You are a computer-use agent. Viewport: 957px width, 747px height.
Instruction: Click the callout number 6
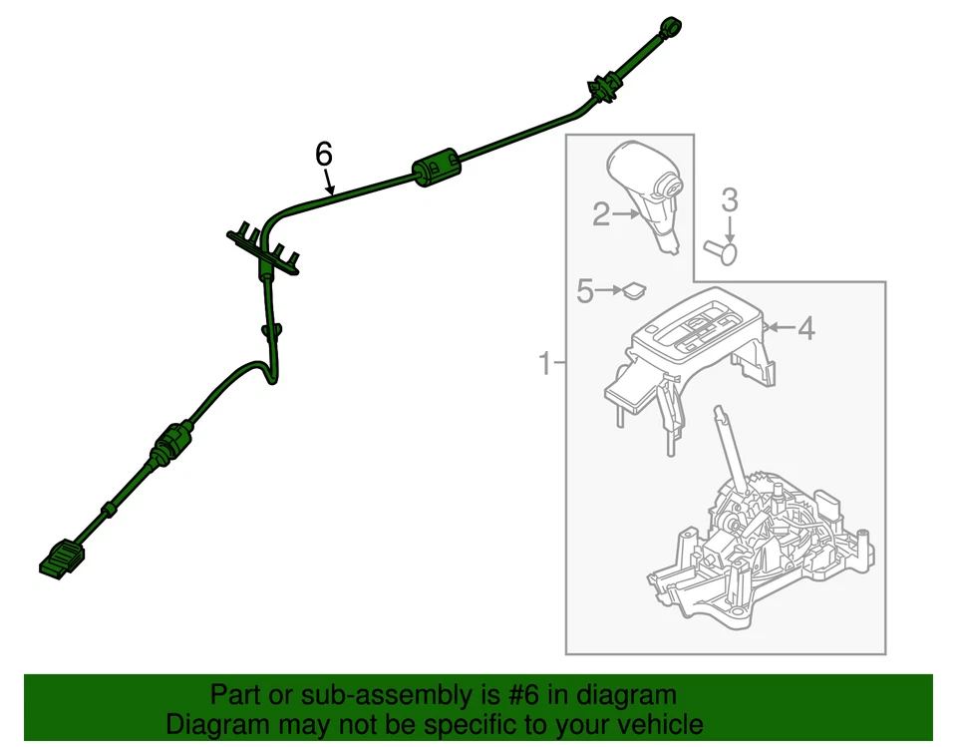[x=323, y=154]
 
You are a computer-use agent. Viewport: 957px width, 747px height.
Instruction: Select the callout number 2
[x=600, y=213]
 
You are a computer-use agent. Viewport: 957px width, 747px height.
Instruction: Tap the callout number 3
[x=730, y=200]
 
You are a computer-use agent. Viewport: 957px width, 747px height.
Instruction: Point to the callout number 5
[x=585, y=291]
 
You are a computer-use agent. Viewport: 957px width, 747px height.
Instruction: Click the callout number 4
[x=805, y=327]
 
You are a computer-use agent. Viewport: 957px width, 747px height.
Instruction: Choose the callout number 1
[x=545, y=363]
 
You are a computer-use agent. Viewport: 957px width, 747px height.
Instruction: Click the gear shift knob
[x=649, y=185]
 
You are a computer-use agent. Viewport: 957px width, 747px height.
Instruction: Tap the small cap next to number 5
[x=632, y=291]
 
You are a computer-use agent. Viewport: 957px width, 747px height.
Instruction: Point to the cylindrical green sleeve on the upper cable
[x=435, y=167]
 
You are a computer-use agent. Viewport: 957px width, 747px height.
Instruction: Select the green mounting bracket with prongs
[x=264, y=248]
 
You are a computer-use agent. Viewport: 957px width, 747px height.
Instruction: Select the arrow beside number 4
[x=779, y=327]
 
